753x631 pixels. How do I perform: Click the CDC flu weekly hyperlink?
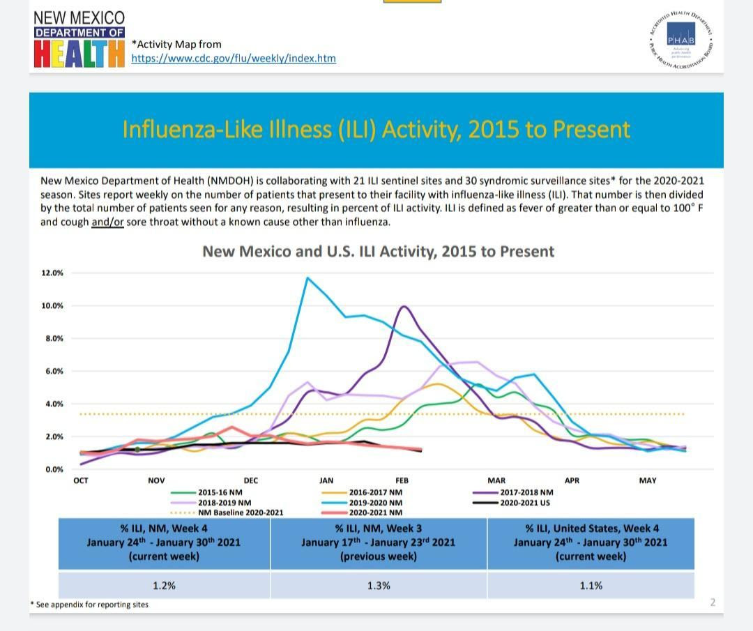tap(234, 59)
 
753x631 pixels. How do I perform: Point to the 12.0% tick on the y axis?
tap(52, 273)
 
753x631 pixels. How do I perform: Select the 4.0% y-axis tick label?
tap(54, 404)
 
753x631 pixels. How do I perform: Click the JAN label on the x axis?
tap(326, 480)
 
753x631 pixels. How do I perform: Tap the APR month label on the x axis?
tap(572, 480)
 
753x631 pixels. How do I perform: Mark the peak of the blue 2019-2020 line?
tap(307, 278)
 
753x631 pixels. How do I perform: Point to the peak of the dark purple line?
tap(403, 306)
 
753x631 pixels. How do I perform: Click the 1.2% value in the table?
tap(164, 586)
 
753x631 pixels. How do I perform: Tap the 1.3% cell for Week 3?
tap(379, 586)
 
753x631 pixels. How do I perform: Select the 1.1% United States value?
tap(591, 586)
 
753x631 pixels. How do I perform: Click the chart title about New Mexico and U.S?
tap(378, 252)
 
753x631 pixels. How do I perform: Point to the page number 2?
tap(713, 602)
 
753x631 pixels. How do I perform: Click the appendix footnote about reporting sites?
tap(91, 605)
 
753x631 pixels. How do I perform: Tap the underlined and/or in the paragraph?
tap(107, 222)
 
